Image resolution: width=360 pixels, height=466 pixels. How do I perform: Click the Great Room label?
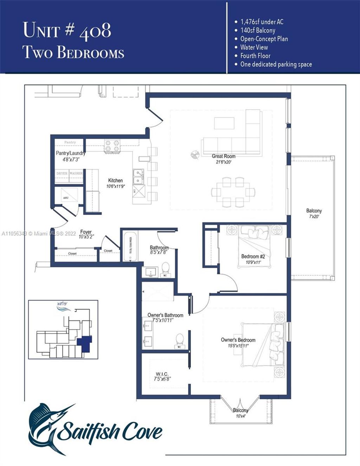click(x=224, y=156)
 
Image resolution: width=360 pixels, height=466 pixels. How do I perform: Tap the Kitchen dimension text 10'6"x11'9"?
click(x=115, y=186)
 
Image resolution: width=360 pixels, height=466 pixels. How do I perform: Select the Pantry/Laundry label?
click(x=71, y=153)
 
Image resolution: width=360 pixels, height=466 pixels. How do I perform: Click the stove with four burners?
click(x=112, y=146)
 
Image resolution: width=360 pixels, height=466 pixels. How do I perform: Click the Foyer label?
click(x=86, y=232)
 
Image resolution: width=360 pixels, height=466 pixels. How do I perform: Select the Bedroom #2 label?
click(x=253, y=256)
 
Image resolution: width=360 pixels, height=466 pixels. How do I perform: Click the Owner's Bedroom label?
click(x=238, y=340)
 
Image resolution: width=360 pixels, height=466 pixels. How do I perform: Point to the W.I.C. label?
click(x=162, y=374)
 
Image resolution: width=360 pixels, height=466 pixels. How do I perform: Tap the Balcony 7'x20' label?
click(x=314, y=211)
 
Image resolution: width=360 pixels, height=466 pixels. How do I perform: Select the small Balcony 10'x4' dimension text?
click(x=240, y=416)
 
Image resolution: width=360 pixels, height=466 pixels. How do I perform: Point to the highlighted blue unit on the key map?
click(x=85, y=343)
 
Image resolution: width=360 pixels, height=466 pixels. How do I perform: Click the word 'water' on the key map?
click(x=62, y=304)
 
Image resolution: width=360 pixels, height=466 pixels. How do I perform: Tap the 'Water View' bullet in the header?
click(x=254, y=47)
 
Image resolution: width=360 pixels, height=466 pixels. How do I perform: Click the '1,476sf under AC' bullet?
click(x=262, y=22)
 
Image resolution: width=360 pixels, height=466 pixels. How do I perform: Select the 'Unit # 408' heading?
click(x=67, y=30)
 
